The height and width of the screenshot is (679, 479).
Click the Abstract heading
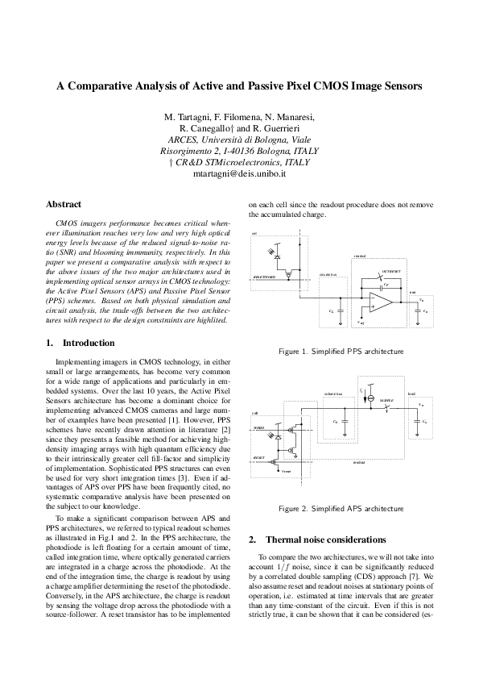pyautogui.click(x=64, y=205)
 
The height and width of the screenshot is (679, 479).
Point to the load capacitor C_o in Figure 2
pyautogui.click(x=417, y=420)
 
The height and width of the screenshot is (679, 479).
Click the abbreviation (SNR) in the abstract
pyautogui.click(x=64, y=252)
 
